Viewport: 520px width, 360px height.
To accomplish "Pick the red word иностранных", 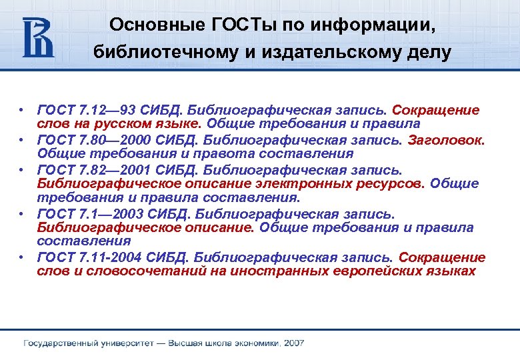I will tap(283, 271).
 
